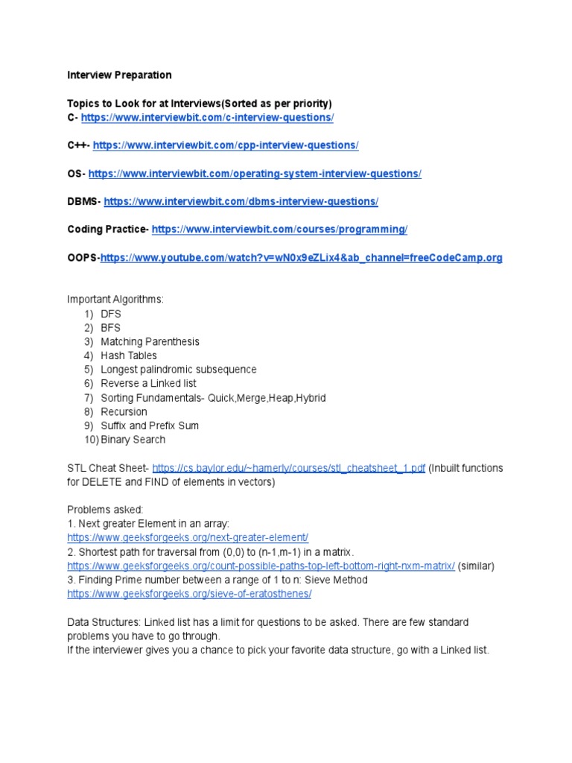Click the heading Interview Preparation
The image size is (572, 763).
click(x=119, y=75)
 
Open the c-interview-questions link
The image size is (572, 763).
click(x=207, y=118)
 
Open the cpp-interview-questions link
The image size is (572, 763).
click(x=226, y=145)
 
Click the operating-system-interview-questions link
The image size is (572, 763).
click(x=255, y=174)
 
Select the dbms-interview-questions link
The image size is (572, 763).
click(x=241, y=201)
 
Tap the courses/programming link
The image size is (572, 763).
click(x=279, y=229)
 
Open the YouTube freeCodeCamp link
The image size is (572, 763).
click(x=301, y=258)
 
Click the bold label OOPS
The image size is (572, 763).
click(x=82, y=258)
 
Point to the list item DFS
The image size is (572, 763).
click(x=110, y=314)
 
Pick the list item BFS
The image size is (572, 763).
click(x=110, y=328)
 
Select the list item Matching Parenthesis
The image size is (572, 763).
click(x=150, y=342)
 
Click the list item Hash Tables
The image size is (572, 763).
click(x=129, y=355)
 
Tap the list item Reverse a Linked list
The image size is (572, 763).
click(x=148, y=384)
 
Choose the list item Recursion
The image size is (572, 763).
click(x=124, y=412)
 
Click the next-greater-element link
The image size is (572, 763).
click(x=187, y=538)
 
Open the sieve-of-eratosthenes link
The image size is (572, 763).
click(x=189, y=594)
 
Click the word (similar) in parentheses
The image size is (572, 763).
click(x=476, y=566)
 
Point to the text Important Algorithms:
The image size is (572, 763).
click(x=115, y=300)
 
